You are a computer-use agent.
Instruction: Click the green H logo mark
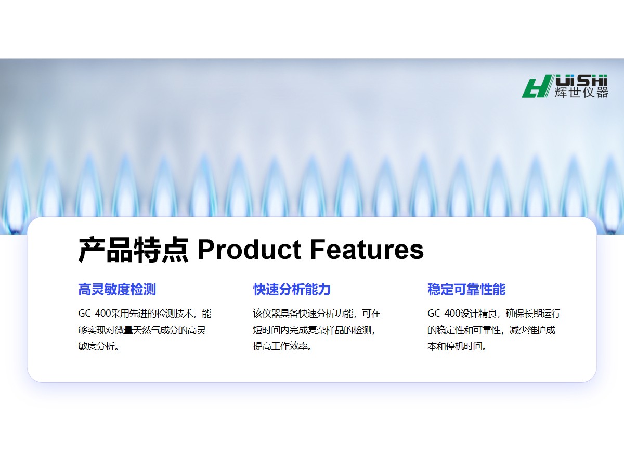click(x=537, y=86)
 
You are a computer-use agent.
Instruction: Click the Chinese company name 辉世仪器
click(x=581, y=93)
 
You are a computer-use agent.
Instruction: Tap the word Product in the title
click(x=249, y=250)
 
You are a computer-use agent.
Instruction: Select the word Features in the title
click(x=367, y=250)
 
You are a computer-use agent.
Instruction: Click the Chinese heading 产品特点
click(x=133, y=250)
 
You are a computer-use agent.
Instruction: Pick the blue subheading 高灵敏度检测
click(x=117, y=289)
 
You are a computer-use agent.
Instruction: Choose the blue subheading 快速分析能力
click(x=292, y=289)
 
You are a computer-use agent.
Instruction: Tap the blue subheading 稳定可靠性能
click(x=466, y=289)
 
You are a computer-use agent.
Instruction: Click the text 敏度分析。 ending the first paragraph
click(x=98, y=346)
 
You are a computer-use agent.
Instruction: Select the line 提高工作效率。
click(x=282, y=346)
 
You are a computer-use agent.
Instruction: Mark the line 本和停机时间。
click(x=457, y=346)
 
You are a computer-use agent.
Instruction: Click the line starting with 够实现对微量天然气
click(x=142, y=330)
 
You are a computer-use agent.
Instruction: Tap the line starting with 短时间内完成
click(x=314, y=330)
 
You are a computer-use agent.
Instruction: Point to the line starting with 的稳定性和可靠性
click(x=491, y=330)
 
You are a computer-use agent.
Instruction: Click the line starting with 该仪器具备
click(x=317, y=314)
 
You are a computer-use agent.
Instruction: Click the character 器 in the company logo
click(x=602, y=93)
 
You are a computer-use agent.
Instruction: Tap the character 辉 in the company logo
click(x=561, y=93)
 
